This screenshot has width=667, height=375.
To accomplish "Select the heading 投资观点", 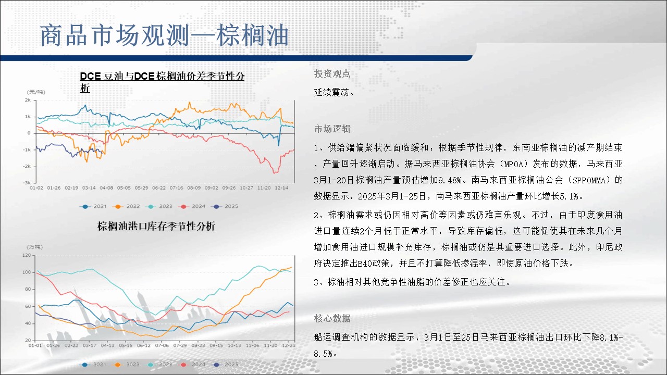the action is point(332,73).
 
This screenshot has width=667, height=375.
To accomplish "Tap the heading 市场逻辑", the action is point(332,129).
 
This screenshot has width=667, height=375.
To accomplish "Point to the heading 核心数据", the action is point(332,318).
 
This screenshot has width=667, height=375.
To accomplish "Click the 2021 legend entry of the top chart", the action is point(93,206).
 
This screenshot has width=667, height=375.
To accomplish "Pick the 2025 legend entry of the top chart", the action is point(225,206).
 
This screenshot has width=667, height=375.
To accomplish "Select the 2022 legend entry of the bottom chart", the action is point(126,364).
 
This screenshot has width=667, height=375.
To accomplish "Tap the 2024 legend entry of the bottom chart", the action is point(192,364).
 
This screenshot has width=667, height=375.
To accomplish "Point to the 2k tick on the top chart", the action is point(28,100).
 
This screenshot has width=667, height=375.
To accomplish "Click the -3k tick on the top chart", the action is point(27,182).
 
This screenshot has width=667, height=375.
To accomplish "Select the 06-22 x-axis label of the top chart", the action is point(159,188).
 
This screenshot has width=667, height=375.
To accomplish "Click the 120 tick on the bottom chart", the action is point(27,255).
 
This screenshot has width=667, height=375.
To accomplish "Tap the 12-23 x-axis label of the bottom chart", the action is point(289,345).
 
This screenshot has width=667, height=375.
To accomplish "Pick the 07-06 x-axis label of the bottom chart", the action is point(162,345).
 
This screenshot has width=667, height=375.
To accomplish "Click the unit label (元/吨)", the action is point(36,92).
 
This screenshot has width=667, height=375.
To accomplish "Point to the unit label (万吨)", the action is point(35,247).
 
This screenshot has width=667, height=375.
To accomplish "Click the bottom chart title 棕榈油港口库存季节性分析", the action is point(156,226).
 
